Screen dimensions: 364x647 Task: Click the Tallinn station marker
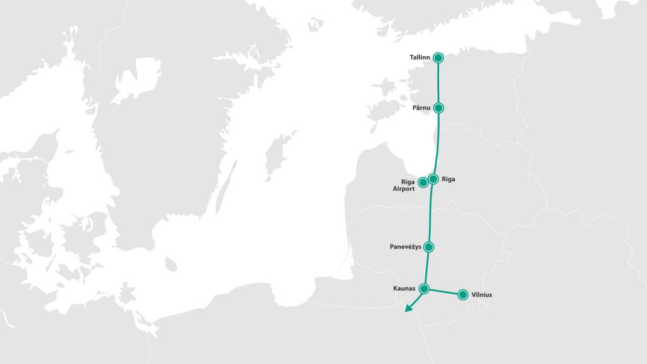[438, 58]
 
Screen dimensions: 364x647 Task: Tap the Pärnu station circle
[439, 108]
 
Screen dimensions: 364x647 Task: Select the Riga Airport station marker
[423, 183]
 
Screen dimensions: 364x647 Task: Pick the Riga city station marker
[433, 179]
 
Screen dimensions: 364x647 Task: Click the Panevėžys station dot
[429, 246]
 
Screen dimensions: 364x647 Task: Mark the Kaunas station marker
[425, 289]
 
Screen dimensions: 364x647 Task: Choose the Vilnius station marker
[463, 294]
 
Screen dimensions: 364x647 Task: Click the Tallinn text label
[420, 58]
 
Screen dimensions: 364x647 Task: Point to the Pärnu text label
[421, 108]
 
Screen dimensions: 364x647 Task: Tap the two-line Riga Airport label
[403, 185]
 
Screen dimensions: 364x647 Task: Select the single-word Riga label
[449, 179]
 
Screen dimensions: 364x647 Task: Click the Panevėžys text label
[406, 246]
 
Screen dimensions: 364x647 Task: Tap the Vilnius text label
[481, 294]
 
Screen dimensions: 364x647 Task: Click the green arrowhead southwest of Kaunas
[408, 309]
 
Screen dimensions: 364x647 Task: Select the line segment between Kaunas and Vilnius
[444, 292]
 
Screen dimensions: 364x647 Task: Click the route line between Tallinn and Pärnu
[439, 83]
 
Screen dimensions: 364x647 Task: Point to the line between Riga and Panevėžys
[430, 212]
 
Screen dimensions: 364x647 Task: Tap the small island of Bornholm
[170, 264]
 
